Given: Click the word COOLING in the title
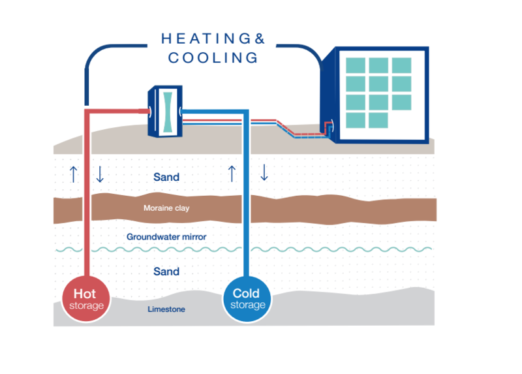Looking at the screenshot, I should tap(213, 57).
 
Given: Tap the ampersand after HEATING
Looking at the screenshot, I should tap(260, 39).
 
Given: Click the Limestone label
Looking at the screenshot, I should tap(166, 309).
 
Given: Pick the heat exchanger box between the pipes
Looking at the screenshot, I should tap(165, 111).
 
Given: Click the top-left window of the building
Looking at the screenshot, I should tap(355, 65).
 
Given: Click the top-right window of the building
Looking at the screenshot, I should tap(401, 65).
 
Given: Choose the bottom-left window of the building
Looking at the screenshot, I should tap(355, 120).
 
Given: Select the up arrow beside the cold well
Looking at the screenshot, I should tap(231, 173).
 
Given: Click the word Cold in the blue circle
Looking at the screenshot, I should tap(247, 293).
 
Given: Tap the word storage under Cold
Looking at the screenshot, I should tap(247, 305).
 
